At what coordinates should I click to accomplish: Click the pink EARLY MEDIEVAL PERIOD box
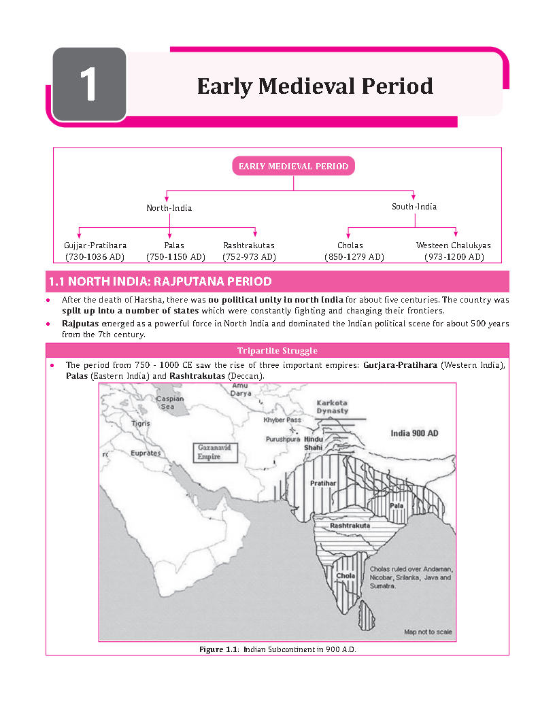click(x=293, y=166)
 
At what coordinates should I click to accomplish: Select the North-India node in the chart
click(x=169, y=208)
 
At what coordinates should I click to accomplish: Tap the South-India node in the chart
click(x=414, y=206)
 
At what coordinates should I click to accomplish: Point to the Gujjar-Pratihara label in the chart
click(x=95, y=245)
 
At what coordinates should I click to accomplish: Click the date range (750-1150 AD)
click(x=175, y=257)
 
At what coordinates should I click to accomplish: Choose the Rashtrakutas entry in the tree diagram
click(x=249, y=245)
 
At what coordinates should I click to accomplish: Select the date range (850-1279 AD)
click(x=354, y=257)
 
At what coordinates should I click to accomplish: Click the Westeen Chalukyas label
click(x=453, y=245)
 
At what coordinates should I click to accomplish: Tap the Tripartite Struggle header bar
click(x=277, y=351)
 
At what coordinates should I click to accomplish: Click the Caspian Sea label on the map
click(x=169, y=403)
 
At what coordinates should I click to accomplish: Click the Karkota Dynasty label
click(x=332, y=407)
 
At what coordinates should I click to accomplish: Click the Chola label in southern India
click(x=346, y=576)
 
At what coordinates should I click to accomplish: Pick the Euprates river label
click(x=146, y=453)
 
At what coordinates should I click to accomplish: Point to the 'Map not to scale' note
click(x=428, y=632)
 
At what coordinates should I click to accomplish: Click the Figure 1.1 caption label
click(x=218, y=650)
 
